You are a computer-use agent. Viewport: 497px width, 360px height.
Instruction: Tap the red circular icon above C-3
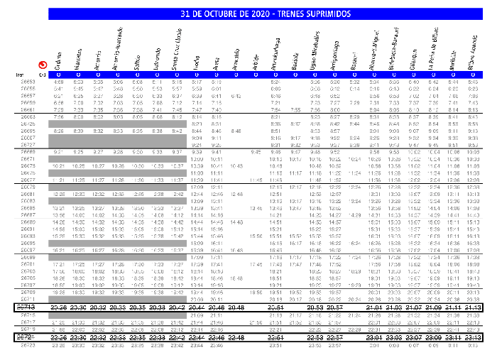point(43,63)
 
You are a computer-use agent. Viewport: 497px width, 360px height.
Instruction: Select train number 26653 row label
point(28,82)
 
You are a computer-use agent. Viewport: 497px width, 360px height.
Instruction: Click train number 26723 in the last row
point(28,345)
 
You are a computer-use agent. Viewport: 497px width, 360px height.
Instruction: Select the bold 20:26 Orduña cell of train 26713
point(59,307)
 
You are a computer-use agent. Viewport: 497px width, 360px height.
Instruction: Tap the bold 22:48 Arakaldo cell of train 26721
point(236,337)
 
